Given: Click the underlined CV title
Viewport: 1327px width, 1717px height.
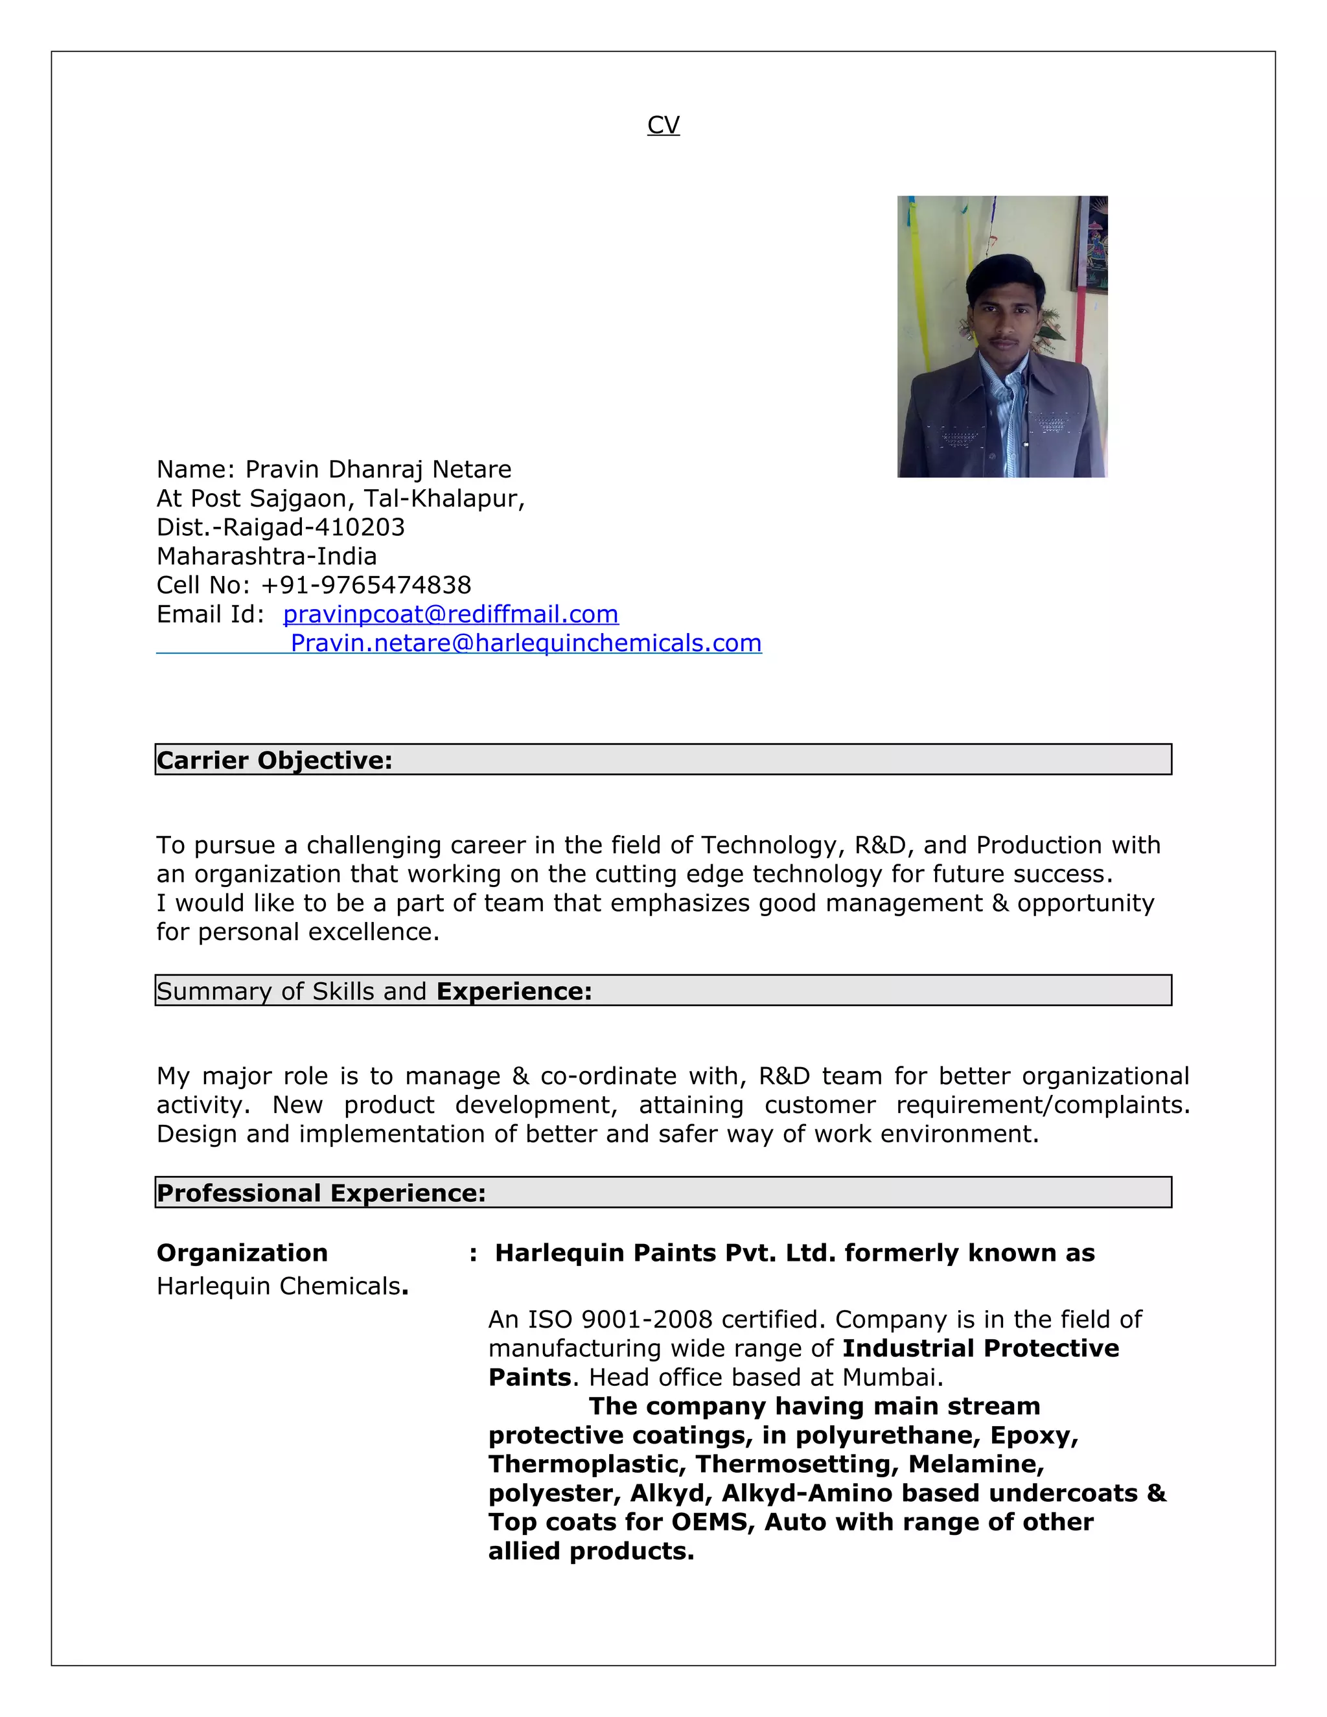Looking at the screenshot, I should (x=663, y=125).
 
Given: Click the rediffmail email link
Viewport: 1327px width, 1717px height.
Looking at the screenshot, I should (x=450, y=614).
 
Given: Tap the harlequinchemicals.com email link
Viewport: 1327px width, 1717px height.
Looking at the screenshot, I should (x=526, y=643).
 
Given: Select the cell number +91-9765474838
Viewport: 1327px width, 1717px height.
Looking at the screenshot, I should (x=365, y=585).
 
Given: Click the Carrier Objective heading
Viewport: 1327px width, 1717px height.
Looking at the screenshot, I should (x=274, y=760).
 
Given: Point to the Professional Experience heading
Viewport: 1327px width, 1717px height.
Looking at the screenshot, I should (x=321, y=1193).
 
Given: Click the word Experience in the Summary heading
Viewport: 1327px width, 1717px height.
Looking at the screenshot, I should (x=513, y=991).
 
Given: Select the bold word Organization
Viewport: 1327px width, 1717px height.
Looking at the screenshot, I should (x=242, y=1253).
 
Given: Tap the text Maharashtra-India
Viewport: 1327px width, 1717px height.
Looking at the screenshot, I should (x=266, y=557).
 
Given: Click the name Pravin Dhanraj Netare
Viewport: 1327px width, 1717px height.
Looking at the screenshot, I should (x=378, y=469).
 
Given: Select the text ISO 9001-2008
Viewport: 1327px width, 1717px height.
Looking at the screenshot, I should (x=619, y=1319).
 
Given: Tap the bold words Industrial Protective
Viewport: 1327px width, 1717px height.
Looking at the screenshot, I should (x=980, y=1348).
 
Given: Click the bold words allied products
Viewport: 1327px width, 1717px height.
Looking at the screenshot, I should (x=590, y=1551).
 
